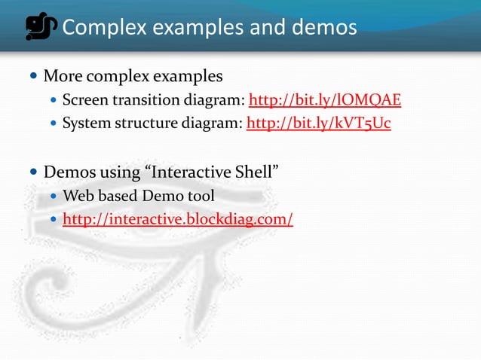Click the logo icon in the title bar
click(x=41, y=27)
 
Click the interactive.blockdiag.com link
click(x=178, y=220)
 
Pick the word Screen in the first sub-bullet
click(x=85, y=100)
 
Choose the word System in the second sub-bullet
click(x=86, y=124)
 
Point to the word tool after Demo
click(x=199, y=197)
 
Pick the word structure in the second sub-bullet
click(x=149, y=124)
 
